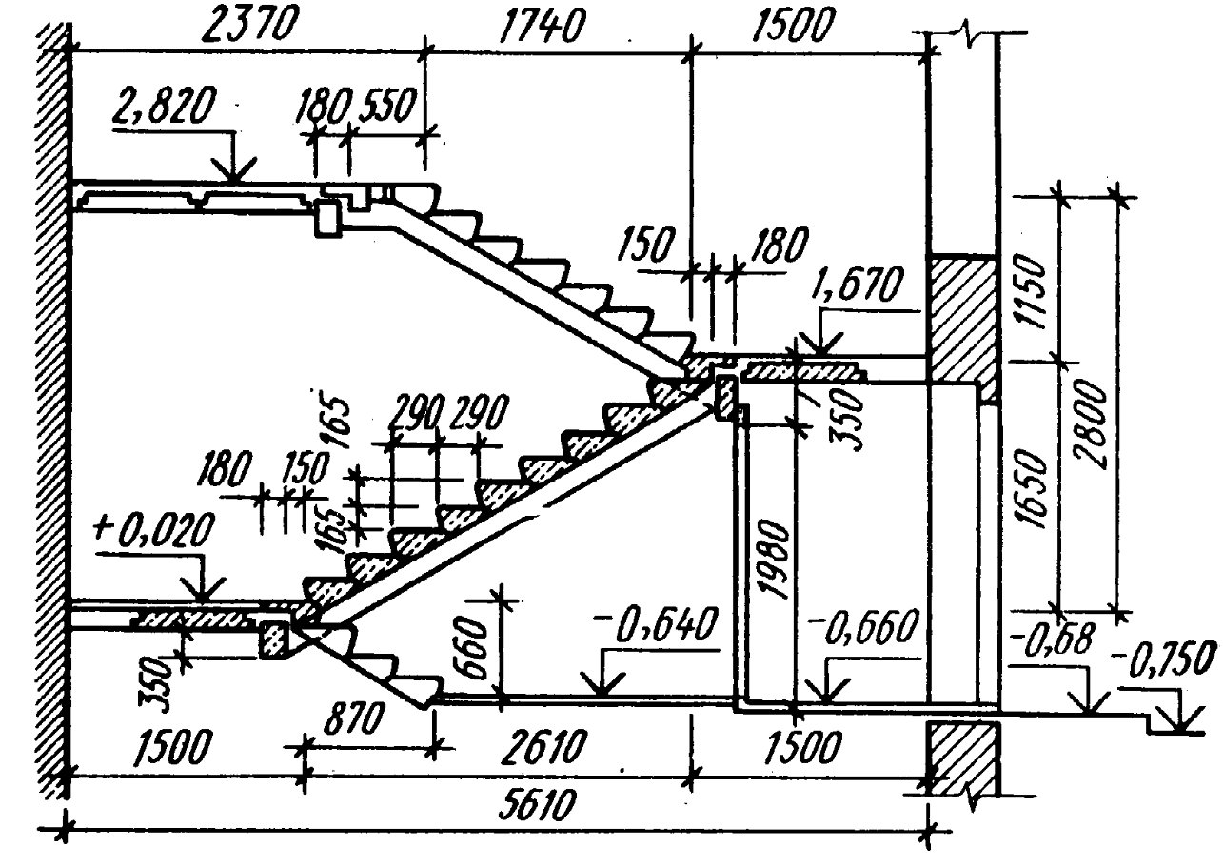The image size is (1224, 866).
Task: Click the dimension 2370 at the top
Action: pyautogui.click(x=252, y=25)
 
